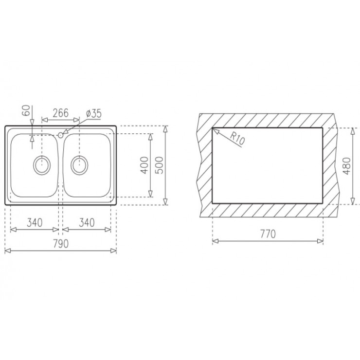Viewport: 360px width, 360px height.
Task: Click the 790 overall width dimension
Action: point(60,243)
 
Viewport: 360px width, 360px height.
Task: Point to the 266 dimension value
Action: point(60,113)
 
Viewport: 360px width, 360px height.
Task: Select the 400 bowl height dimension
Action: point(143,165)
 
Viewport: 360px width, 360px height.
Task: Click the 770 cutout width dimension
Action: point(268,234)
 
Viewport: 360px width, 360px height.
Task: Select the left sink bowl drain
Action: point(41,164)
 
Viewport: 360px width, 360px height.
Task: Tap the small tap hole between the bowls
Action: point(60,134)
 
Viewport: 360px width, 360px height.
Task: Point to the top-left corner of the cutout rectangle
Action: point(213,128)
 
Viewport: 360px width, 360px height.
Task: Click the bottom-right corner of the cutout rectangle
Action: point(323,202)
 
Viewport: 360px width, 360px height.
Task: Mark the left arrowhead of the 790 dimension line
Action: point(6,251)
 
